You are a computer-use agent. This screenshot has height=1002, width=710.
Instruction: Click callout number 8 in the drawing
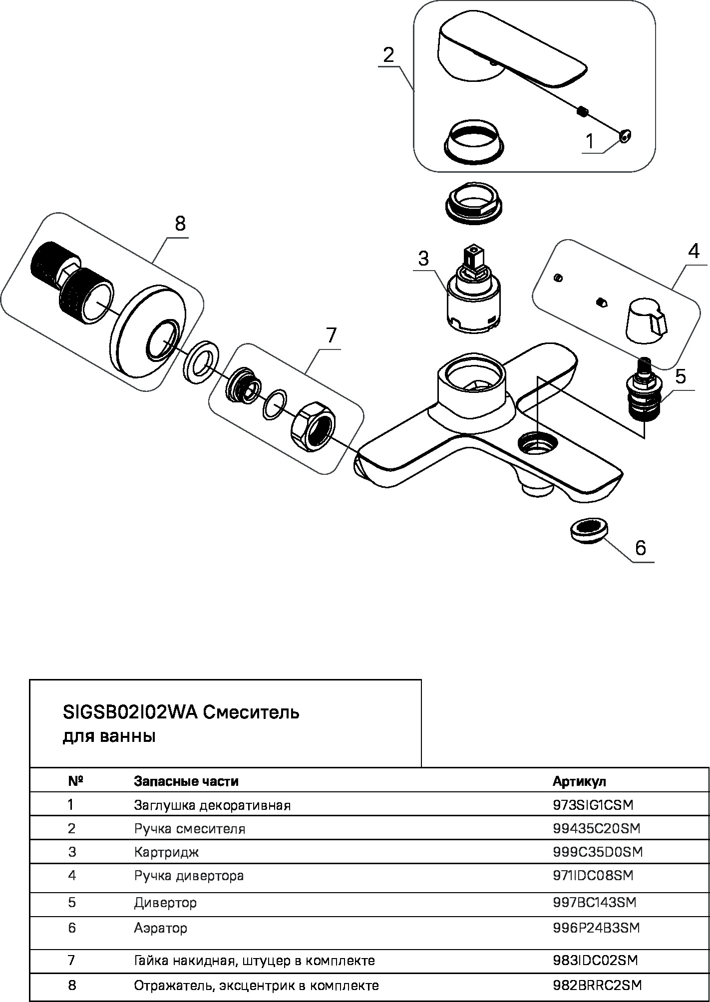[x=180, y=224]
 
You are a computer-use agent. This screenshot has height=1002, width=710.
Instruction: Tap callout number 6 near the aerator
[x=640, y=548]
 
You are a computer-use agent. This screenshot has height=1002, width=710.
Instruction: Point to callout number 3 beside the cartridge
[x=423, y=259]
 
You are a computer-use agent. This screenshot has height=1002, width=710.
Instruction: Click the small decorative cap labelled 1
[x=624, y=135]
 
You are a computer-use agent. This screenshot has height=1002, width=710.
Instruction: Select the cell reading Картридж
[x=166, y=851]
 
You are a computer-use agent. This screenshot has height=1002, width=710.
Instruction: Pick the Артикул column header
[x=579, y=781]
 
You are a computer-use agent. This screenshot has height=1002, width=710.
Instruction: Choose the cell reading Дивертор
[x=165, y=903]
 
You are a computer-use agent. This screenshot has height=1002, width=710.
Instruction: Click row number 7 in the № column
[x=72, y=960]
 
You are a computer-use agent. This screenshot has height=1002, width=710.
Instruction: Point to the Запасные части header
[x=186, y=781]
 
